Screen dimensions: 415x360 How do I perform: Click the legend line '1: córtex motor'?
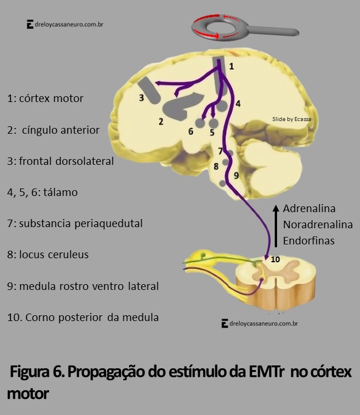pos(46,99)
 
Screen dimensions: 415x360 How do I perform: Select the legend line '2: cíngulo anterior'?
pos(54,130)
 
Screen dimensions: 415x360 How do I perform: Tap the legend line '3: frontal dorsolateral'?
pos(60,161)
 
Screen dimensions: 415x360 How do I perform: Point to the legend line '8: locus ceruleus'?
pos(48,254)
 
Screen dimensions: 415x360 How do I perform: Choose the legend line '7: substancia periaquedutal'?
pos(75,223)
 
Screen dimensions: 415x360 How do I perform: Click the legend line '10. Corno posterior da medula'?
pos(83,317)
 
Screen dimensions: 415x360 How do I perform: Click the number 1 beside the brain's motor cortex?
pos(231,67)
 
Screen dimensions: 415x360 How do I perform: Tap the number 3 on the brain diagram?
pos(141,98)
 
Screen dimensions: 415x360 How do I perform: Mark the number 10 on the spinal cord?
pos(275,259)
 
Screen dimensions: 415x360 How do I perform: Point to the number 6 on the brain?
pos(191,131)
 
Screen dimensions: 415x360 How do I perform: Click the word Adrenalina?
pos(309,209)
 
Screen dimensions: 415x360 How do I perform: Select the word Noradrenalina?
pos(317,225)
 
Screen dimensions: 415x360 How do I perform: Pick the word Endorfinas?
pos(309,240)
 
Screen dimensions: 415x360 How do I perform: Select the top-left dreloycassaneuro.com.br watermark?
pos(65,25)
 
